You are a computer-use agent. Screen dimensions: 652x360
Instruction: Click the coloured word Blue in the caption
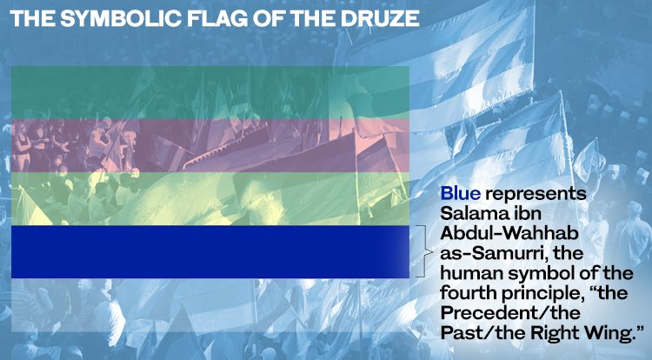460,193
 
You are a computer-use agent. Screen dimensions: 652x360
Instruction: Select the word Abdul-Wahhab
509,233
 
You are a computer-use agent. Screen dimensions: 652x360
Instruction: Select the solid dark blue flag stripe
210,252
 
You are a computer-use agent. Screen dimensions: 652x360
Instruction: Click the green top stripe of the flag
210,92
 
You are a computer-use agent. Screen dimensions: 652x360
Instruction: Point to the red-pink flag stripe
210,145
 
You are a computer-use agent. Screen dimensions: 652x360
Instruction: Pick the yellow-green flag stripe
210,199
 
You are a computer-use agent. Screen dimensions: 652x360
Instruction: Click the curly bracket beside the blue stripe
423,251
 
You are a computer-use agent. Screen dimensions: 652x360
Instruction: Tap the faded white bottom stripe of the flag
210,304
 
